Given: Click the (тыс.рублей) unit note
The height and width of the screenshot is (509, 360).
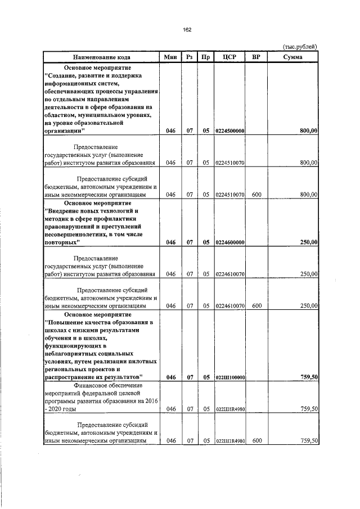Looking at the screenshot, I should point(299,47).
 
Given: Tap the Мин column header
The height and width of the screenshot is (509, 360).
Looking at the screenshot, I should point(170,57).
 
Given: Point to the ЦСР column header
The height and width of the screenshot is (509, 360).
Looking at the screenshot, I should point(229,57).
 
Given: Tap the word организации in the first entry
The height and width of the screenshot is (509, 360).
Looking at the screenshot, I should point(62,131).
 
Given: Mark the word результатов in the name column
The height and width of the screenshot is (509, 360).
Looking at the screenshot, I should point(120,377).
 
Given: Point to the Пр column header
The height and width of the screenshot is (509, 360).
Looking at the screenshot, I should point(206,57).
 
